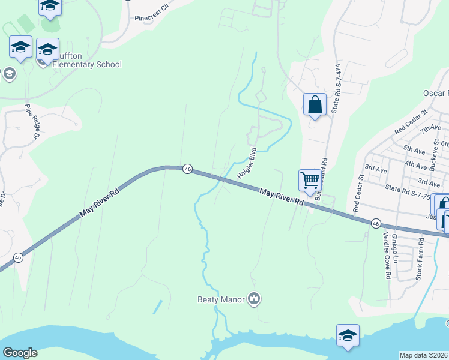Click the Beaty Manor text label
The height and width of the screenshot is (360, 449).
click(221, 298)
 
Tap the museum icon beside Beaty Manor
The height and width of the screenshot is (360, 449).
click(254, 298)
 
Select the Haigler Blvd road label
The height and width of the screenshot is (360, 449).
click(247, 163)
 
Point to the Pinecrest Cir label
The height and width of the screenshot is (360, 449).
click(154, 19)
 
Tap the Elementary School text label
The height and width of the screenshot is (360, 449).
click(87, 64)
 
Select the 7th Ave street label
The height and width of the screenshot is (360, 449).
click(430, 129)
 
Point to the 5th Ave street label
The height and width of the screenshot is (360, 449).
click(414, 148)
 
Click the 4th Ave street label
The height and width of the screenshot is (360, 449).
click(415, 163)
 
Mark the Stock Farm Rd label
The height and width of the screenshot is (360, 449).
click(420, 259)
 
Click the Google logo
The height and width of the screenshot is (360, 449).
click(20, 353)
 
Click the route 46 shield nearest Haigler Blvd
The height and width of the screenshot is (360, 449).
click(187, 169)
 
